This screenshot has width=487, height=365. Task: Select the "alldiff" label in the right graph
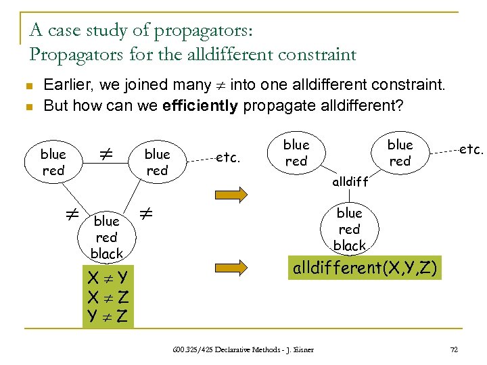coord(350,182)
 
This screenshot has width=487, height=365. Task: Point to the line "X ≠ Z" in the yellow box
coord(108,296)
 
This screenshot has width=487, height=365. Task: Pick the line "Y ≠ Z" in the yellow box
coord(108,314)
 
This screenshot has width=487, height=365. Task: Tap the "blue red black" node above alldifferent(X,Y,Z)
coord(350,229)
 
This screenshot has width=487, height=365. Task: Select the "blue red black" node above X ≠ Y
coord(107,237)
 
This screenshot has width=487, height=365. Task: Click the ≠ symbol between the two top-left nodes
coord(104,156)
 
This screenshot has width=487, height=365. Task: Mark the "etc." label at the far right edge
coord(471,149)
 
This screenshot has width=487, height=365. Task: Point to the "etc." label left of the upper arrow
coord(229,157)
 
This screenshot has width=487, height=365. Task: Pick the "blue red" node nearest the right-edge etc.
coord(400,153)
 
